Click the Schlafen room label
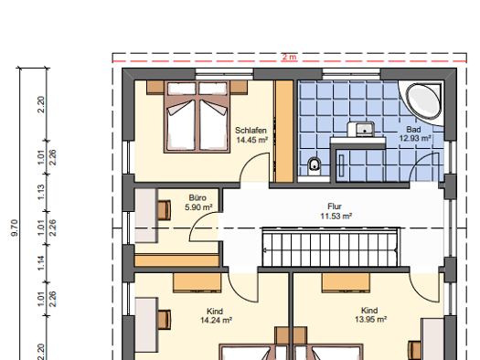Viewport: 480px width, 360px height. [x=251, y=131]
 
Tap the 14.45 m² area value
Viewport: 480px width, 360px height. [x=252, y=140]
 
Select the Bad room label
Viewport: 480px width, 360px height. [x=413, y=129]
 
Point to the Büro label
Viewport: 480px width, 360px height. [x=197, y=197]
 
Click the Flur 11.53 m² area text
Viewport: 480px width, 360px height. [x=336, y=216]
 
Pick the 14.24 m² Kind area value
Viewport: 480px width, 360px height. [x=216, y=320]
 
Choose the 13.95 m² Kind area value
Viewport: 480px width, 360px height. [x=370, y=319]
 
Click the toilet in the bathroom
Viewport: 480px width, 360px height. [x=314, y=166]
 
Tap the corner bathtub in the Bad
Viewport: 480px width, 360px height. [x=423, y=101]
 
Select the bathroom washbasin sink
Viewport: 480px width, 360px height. [x=361, y=129]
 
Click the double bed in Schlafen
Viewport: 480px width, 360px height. [x=197, y=117]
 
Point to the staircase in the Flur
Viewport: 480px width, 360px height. [x=331, y=248]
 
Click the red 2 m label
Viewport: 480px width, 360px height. [x=289, y=57]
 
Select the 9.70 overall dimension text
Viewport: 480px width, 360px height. [x=15, y=228]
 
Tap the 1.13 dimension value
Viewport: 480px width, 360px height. [x=41, y=193]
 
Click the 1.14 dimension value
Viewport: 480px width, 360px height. [x=41, y=263]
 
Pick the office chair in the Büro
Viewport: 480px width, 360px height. [x=165, y=210]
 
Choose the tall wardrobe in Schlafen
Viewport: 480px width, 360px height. [x=284, y=132]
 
